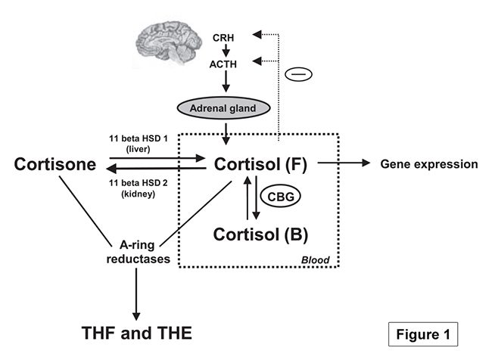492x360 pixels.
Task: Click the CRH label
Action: point(223,36)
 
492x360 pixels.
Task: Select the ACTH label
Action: point(223,65)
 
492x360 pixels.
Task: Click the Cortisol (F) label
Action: point(260,164)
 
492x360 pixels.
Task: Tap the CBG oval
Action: point(282,197)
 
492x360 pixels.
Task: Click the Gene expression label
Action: point(429,163)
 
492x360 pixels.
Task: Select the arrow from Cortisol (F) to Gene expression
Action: point(344,163)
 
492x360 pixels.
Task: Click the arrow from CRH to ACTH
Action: point(223,50)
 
